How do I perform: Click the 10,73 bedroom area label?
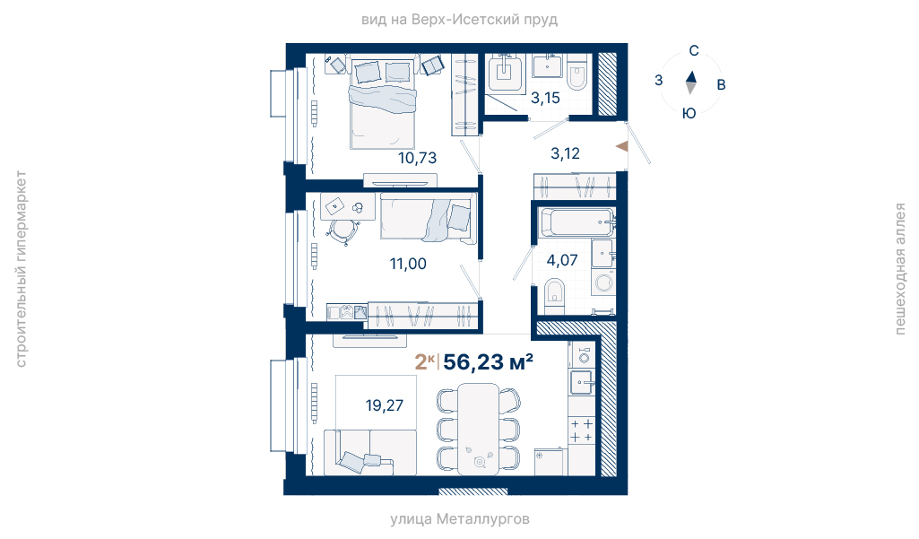417,158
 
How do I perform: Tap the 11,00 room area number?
408,264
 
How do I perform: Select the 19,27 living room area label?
384,405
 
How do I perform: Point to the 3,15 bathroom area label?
545,98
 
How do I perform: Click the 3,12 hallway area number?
565,153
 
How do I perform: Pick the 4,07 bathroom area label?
562,260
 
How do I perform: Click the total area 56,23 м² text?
489,362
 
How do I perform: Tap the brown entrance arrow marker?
622,146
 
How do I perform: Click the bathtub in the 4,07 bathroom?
577,222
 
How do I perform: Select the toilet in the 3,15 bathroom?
577,74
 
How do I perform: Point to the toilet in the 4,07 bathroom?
554,296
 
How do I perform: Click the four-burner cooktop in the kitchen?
581,430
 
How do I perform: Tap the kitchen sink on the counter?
581,382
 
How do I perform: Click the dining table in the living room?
478,429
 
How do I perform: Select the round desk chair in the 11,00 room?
342,230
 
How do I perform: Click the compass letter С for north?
694,51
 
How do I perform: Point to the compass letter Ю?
689,113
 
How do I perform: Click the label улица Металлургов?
460,519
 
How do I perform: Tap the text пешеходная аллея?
899,269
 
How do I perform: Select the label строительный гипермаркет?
21,269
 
